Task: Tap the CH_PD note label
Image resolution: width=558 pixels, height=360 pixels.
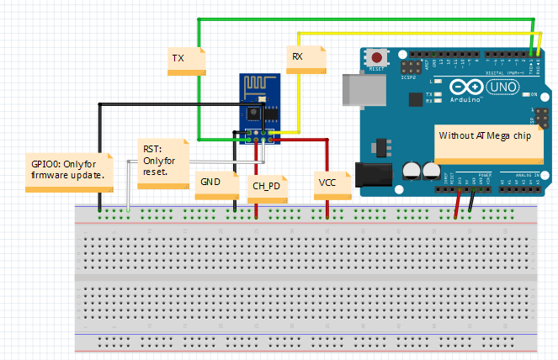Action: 268,188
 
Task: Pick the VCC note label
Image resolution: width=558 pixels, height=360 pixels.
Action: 332,183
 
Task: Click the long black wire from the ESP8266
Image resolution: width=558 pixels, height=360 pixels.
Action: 100,151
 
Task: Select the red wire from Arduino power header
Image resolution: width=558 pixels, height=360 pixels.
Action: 457,204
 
